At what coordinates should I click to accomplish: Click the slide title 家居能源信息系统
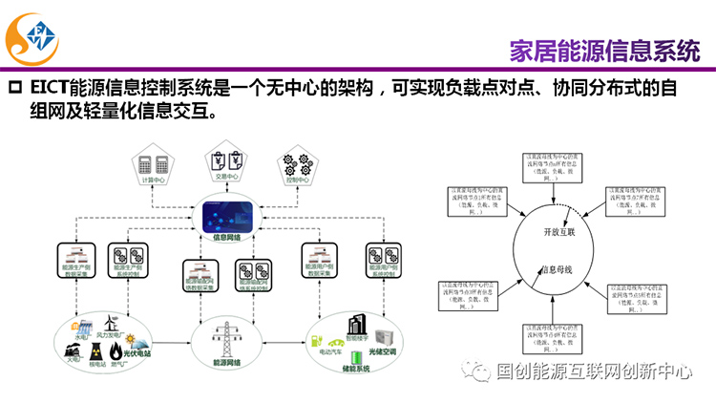[604, 49]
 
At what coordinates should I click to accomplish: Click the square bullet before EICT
[14, 90]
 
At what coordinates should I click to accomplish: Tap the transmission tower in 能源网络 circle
[226, 341]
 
